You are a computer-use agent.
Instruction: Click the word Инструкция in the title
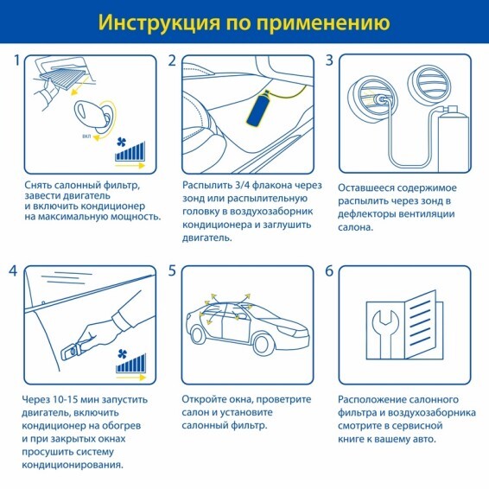tap(159, 22)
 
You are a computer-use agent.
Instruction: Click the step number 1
tap(17, 60)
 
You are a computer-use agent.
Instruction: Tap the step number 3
tap(329, 60)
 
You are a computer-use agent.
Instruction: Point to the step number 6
tap(329, 271)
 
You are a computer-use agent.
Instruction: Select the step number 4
tap(13, 271)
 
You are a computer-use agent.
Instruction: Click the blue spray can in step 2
tap(258, 108)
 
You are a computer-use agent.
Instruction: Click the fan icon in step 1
tap(121, 143)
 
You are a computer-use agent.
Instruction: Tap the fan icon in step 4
tap(123, 354)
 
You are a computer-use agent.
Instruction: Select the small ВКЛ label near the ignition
tap(86, 137)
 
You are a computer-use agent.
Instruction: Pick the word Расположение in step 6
tap(371, 400)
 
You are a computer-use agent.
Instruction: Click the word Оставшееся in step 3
tap(364, 188)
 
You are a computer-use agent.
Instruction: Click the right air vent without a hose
tap(429, 82)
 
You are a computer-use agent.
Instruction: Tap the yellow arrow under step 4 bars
tap(131, 378)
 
